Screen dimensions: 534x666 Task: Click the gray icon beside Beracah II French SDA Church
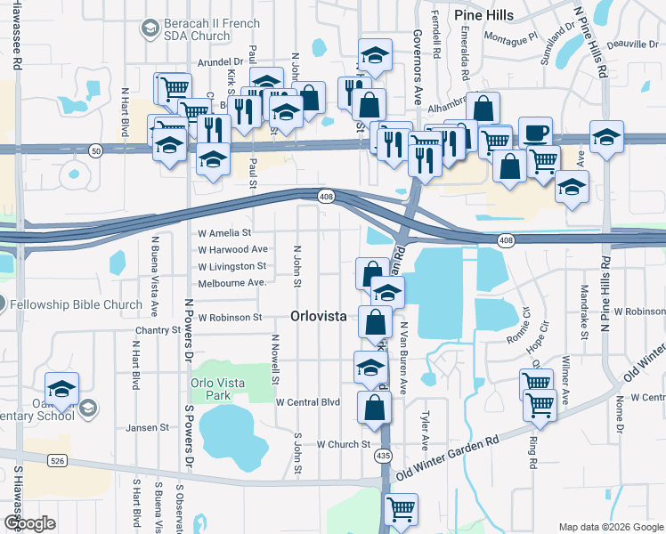149,29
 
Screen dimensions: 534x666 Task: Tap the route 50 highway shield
96,152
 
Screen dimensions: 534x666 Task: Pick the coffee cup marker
535,133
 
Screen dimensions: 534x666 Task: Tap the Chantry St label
158,330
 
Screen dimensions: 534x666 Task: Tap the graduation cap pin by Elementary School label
62,388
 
